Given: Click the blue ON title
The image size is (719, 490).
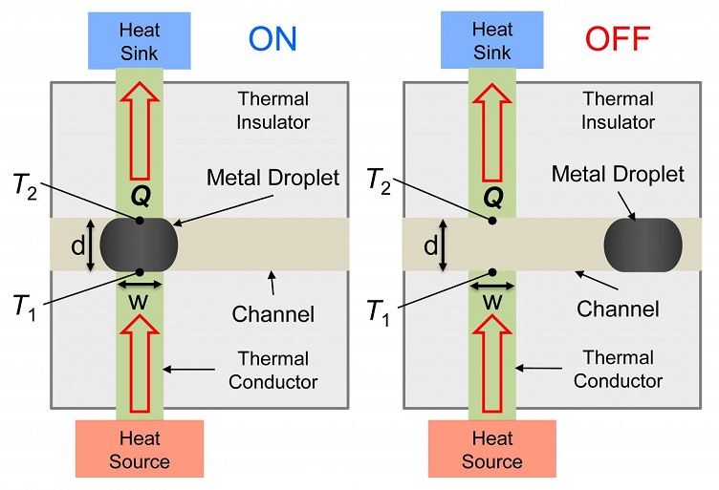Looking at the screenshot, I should (272, 38).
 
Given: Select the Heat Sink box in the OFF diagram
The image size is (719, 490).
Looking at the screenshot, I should (492, 41).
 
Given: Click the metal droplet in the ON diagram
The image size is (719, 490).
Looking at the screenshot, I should (140, 245).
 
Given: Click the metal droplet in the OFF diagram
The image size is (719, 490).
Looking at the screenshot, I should (643, 245).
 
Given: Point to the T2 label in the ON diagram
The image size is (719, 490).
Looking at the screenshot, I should (26, 185).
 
